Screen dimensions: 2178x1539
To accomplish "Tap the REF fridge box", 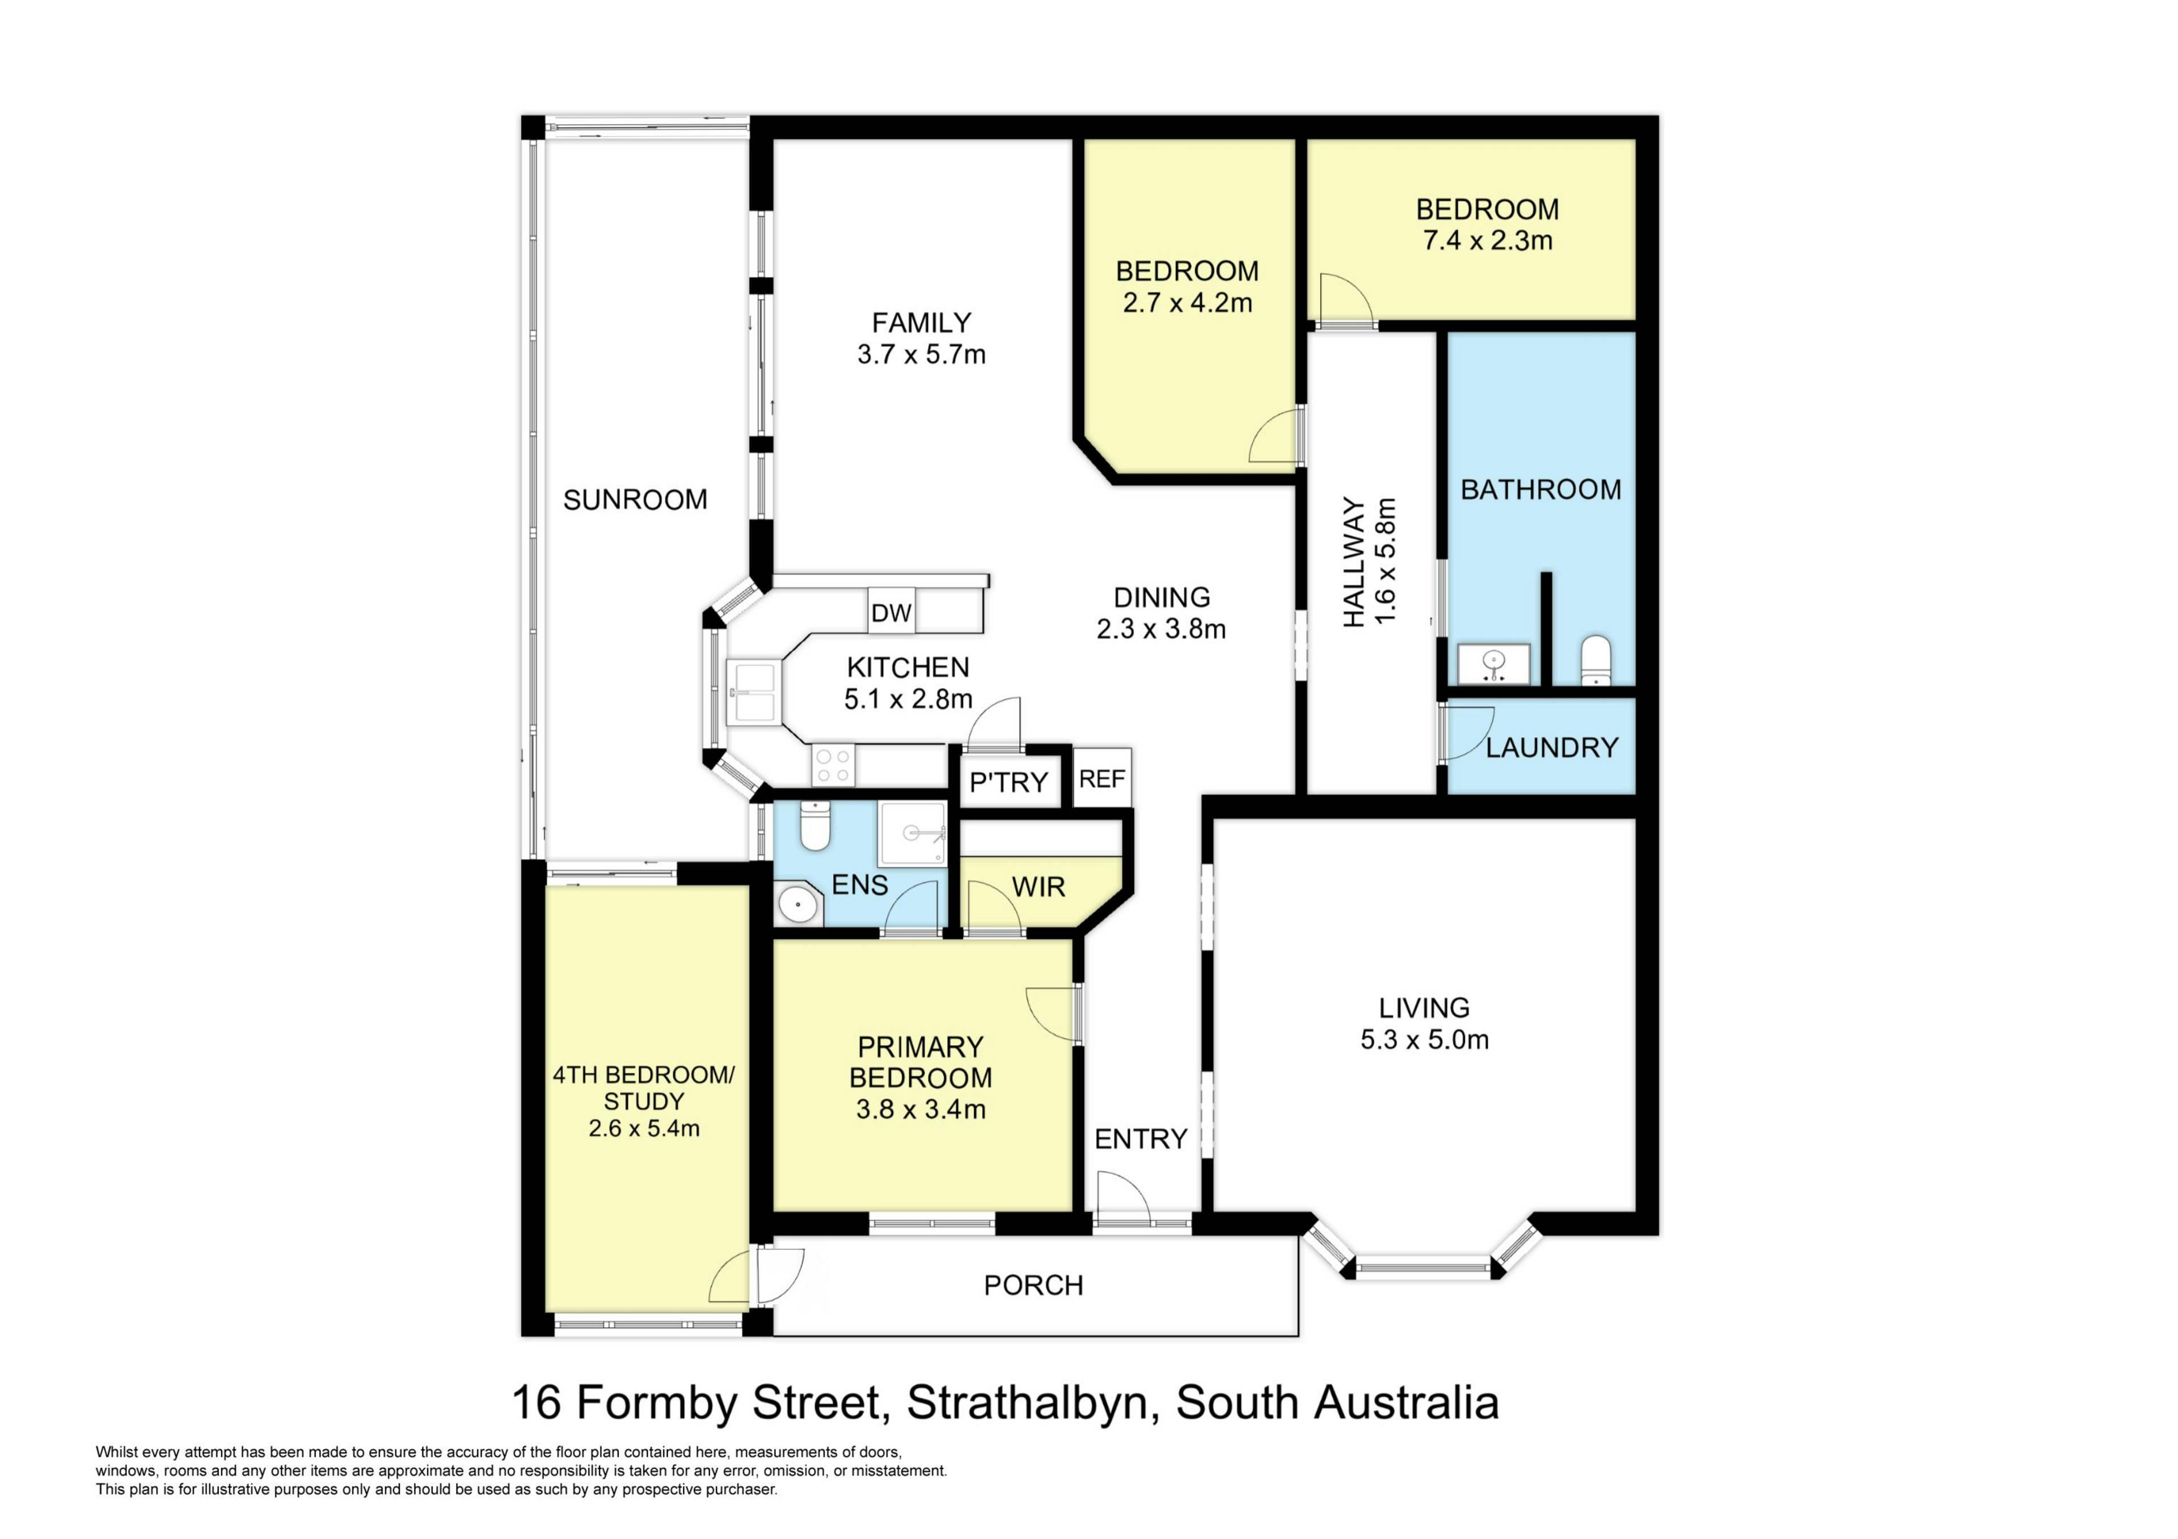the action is pyautogui.click(x=1102, y=778).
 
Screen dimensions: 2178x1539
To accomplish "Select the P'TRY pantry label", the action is pyautogui.click(x=1008, y=782).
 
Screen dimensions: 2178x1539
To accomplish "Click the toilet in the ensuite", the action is pyautogui.click(x=815, y=825).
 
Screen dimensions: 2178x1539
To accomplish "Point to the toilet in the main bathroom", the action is pyautogui.click(x=1597, y=660).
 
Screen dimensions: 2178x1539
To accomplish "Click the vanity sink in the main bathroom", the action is pyautogui.click(x=1494, y=664).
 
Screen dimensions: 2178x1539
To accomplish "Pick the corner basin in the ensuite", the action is pyautogui.click(x=798, y=904).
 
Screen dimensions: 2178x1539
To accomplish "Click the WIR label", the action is pyautogui.click(x=1039, y=888).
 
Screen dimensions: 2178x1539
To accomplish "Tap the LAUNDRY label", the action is pyautogui.click(x=1552, y=748).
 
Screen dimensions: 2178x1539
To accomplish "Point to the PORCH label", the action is pyautogui.click(x=1033, y=1285).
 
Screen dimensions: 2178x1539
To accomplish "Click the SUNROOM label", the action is pyautogui.click(x=636, y=500).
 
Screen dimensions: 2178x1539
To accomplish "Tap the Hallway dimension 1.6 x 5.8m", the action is pyautogui.click(x=1386, y=561).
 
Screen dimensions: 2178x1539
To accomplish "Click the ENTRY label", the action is pyautogui.click(x=1141, y=1139).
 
